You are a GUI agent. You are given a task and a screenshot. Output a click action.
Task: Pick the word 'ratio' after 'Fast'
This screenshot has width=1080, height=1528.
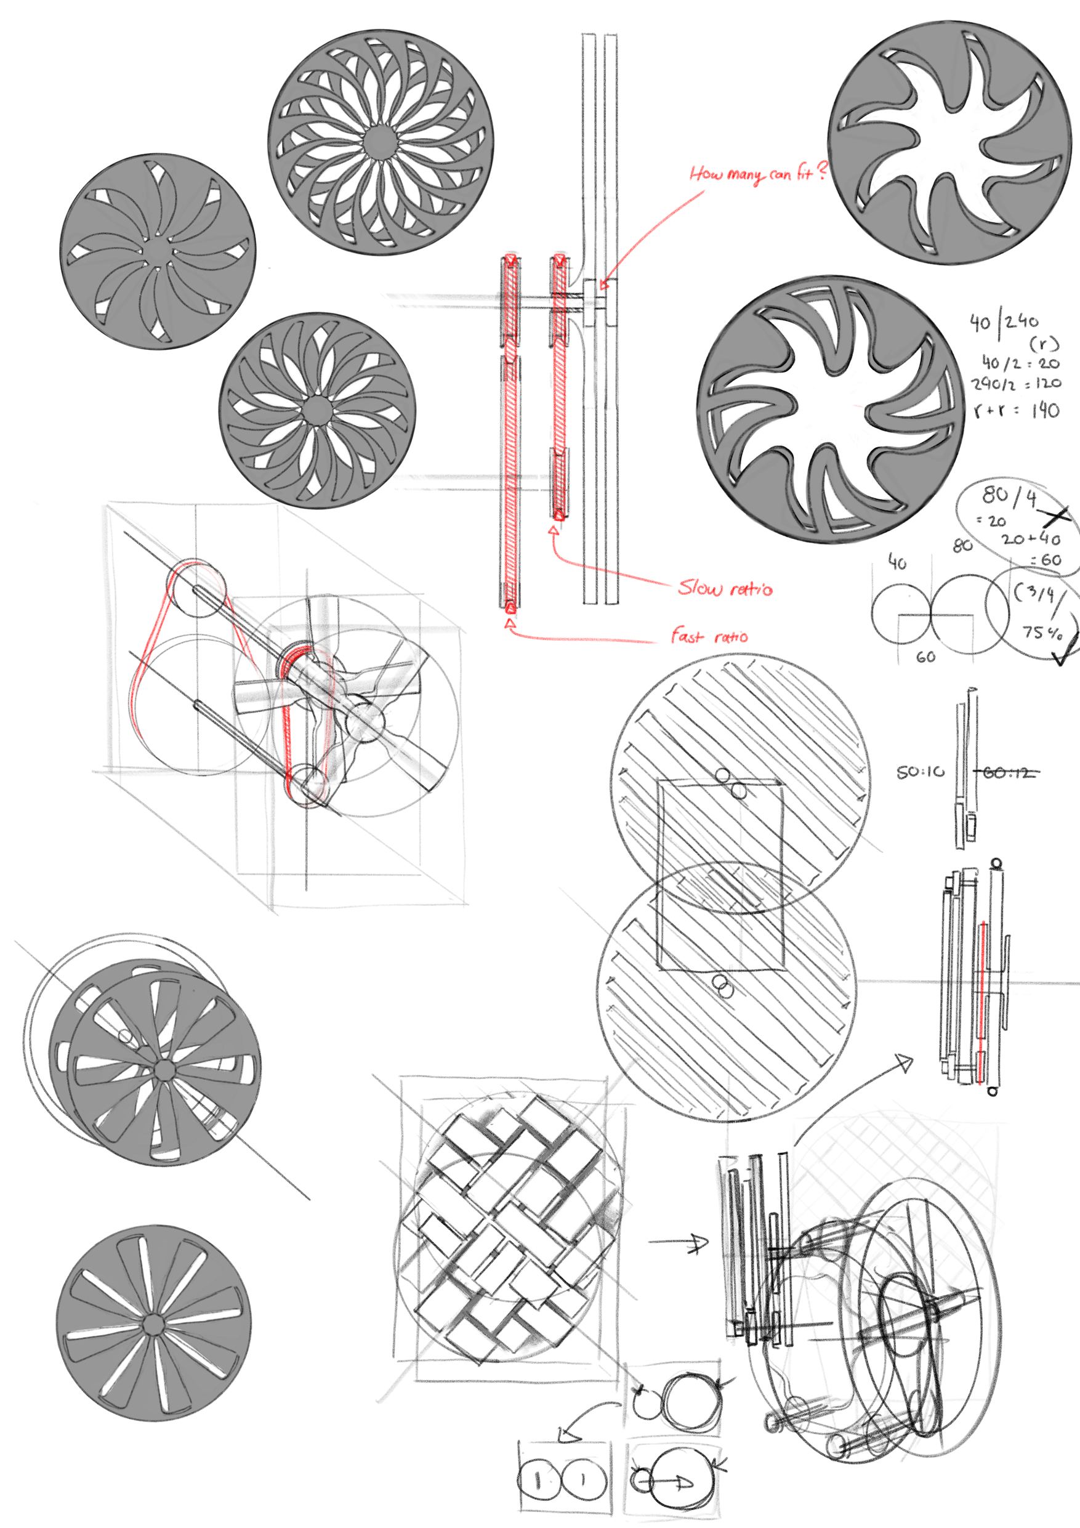(731, 637)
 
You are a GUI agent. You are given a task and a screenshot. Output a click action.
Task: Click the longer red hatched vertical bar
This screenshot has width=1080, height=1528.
(511, 432)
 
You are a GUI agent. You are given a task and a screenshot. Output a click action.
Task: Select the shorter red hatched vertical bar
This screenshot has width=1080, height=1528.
(560, 386)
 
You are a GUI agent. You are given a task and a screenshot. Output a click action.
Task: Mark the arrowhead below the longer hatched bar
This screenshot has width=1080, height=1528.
(510, 623)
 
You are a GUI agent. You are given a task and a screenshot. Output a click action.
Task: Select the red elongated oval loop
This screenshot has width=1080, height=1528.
(308, 726)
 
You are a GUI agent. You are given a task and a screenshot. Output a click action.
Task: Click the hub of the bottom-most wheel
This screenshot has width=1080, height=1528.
(152, 1324)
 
